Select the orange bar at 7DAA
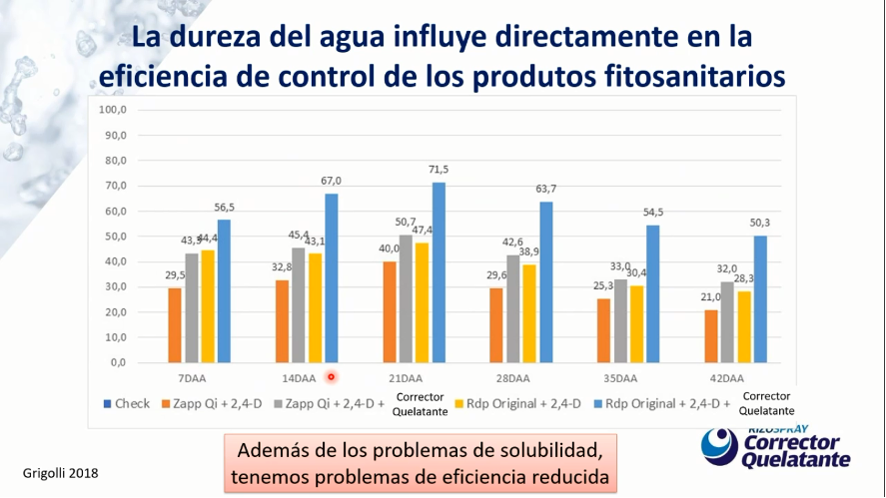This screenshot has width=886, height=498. (175, 325)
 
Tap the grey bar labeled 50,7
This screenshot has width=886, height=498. (406, 298)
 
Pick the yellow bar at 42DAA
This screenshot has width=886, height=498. (743, 326)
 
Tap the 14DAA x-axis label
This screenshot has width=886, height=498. (300, 378)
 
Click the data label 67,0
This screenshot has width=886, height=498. (331, 181)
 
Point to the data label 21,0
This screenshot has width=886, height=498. (710, 297)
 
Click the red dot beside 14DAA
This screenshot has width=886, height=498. (331, 377)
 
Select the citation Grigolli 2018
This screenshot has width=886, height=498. (60, 471)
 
